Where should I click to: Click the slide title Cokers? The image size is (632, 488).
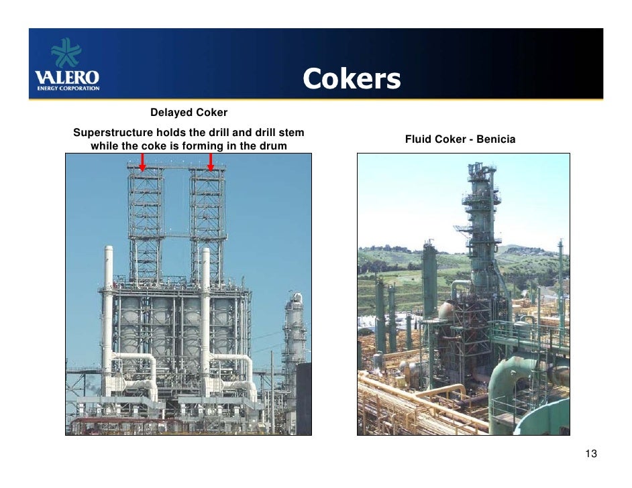pyautogui.click(x=351, y=80)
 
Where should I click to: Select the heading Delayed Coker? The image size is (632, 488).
pyautogui.click(x=189, y=112)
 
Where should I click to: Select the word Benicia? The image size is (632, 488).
pyautogui.click(x=496, y=139)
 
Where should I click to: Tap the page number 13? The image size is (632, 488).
pyautogui.click(x=590, y=454)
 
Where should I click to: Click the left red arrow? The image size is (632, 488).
pyautogui.click(x=143, y=162)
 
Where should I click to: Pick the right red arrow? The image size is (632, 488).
pyautogui.click(x=211, y=162)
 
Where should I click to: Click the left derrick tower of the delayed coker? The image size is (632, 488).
pyautogui.click(x=146, y=221)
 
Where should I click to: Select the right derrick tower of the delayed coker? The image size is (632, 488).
pyautogui.click(x=207, y=221)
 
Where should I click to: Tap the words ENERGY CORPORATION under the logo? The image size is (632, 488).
pyautogui.click(x=67, y=88)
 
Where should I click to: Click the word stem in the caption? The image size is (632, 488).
pyautogui.click(x=293, y=131)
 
